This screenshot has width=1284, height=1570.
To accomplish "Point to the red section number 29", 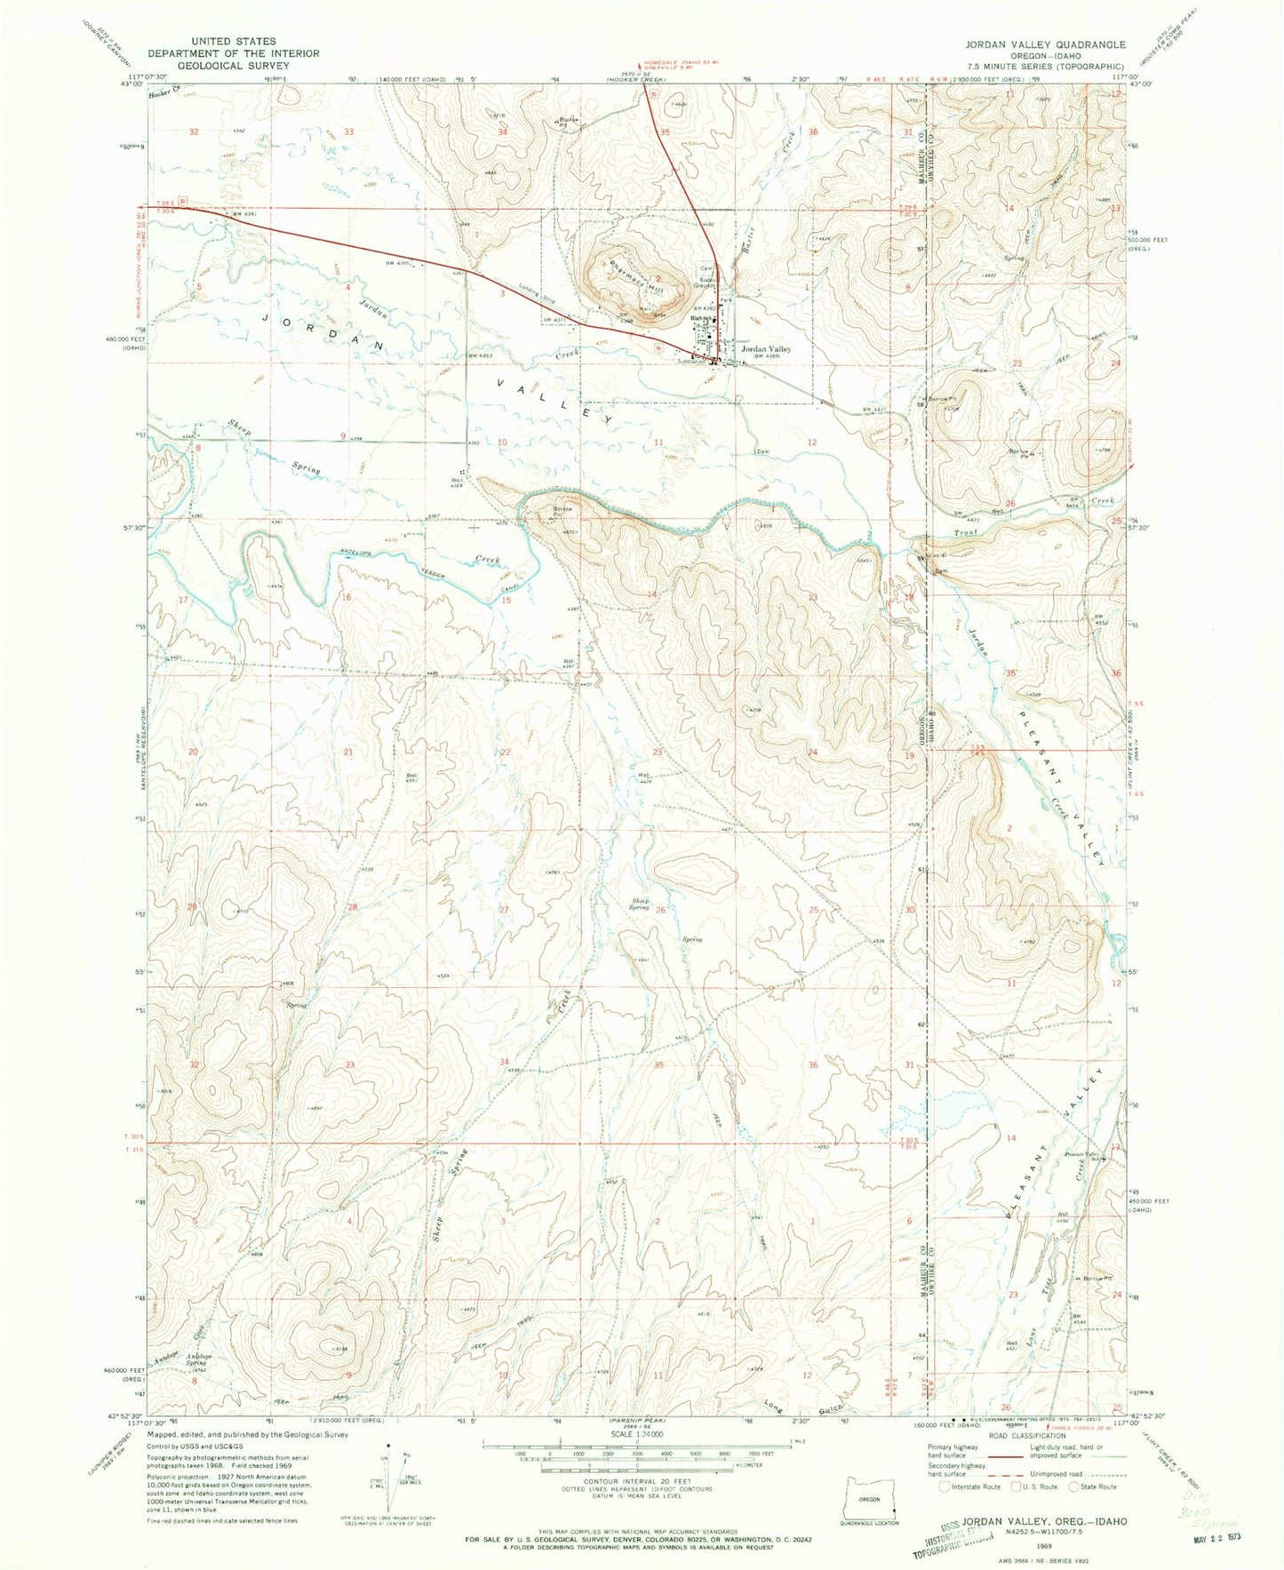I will (193, 906).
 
